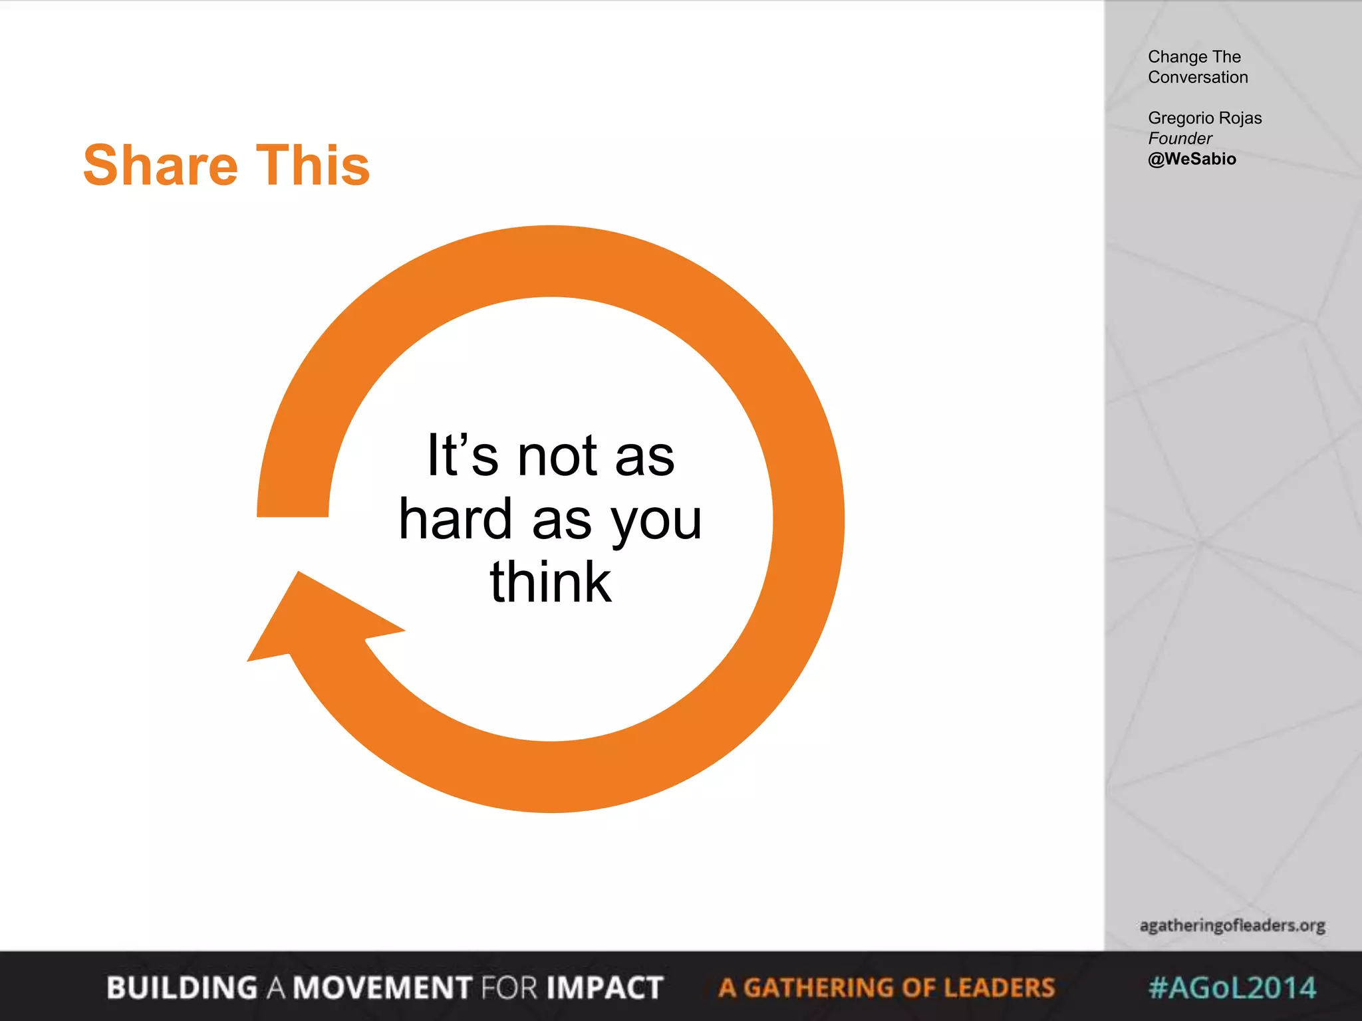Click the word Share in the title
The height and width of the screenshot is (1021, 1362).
click(x=160, y=166)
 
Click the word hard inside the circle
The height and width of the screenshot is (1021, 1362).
click(x=456, y=519)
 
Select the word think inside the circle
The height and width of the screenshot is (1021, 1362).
click(x=551, y=582)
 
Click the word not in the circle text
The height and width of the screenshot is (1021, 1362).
click(x=557, y=457)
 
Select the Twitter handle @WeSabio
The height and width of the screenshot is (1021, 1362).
click(x=1192, y=159)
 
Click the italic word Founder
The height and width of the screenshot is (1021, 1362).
click(x=1180, y=138)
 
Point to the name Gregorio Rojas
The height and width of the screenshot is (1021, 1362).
click(x=1204, y=118)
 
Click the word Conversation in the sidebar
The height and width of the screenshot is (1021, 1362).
click(x=1198, y=77)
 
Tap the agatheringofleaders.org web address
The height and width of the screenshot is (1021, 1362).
click(x=1232, y=925)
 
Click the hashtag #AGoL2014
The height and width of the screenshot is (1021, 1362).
click(x=1232, y=988)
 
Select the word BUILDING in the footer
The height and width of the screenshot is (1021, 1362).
click(x=182, y=988)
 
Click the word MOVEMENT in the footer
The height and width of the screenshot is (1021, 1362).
click(x=383, y=988)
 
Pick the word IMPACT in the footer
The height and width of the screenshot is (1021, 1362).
click(x=605, y=988)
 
